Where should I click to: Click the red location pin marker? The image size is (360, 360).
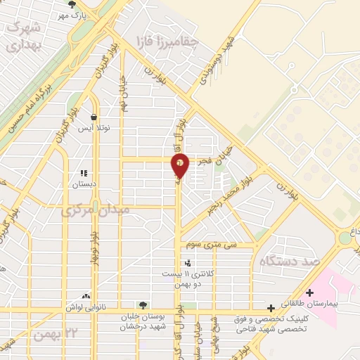point(180,166)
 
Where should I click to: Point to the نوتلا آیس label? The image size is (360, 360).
point(94,129)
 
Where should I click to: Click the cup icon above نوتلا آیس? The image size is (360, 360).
point(94,117)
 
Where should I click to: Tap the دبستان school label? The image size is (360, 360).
point(84,184)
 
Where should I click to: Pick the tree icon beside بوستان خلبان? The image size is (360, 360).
point(143,306)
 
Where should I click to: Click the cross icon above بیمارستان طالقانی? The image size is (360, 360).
point(310,292)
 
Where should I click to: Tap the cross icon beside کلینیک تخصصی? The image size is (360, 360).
point(271,308)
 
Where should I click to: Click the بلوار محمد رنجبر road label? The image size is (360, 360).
point(228,191)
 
